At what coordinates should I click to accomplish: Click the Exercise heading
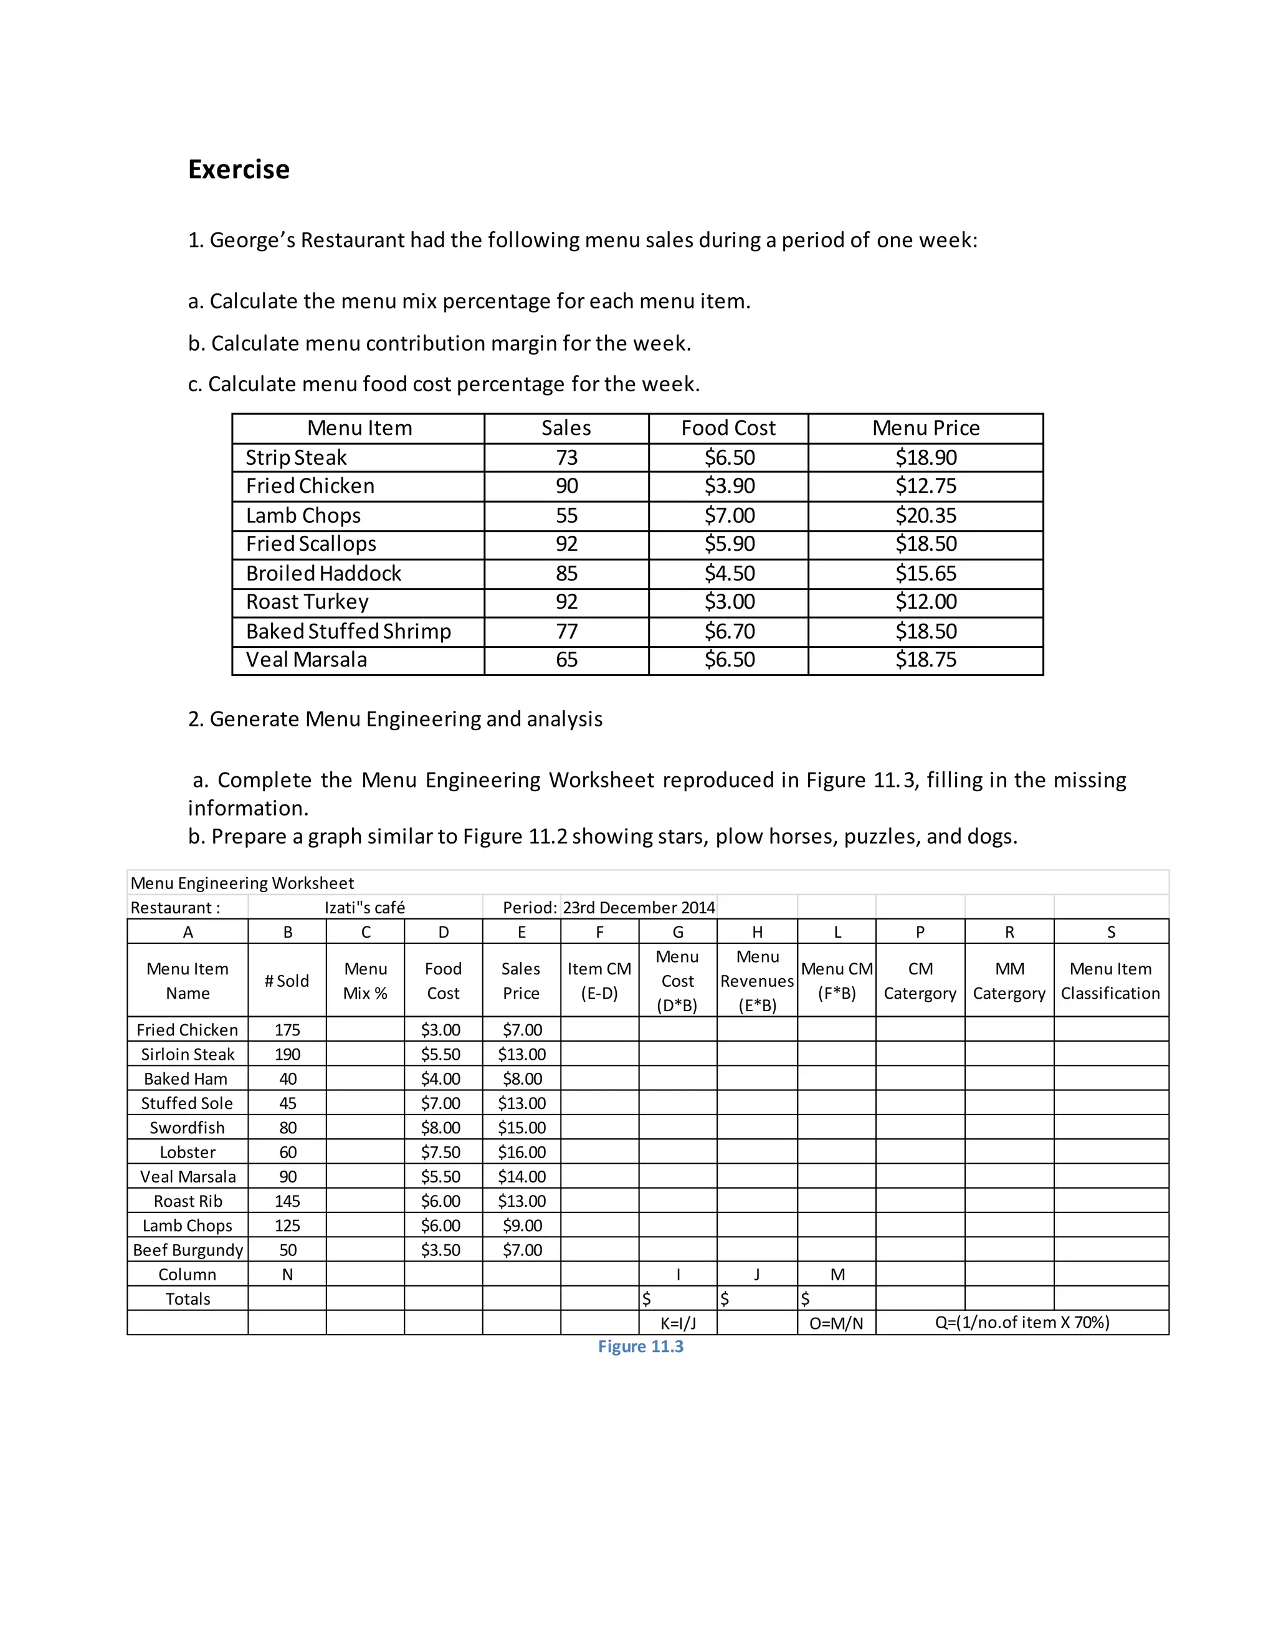(238, 169)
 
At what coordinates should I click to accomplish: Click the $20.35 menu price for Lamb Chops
(925, 516)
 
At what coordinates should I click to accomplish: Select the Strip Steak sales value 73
(566, 457)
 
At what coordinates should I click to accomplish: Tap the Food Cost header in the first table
(728, 428)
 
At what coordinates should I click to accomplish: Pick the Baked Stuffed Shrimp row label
(348, 631)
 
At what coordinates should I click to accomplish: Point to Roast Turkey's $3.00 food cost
(729, 602)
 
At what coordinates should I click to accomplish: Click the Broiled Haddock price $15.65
(925, 573)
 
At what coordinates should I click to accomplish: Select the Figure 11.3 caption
(640, 1346)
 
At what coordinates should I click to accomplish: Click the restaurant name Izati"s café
(364, 907)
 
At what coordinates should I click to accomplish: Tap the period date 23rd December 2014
(639, 907)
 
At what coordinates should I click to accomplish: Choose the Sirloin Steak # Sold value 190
(287, 1054)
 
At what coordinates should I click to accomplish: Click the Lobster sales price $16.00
(521, 1152)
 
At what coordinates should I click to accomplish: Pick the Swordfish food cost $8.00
(440, 1128)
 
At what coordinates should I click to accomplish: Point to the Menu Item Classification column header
(1110, 981)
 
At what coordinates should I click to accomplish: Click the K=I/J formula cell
(677, 1323)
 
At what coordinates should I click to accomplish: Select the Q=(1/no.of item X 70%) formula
(1021, 1322)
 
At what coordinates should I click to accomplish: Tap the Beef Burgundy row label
(188, 1250)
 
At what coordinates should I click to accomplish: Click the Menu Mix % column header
(365, 981)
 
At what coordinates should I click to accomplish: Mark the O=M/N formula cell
(836, 1323)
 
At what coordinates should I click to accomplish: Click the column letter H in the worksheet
(756, 932)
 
